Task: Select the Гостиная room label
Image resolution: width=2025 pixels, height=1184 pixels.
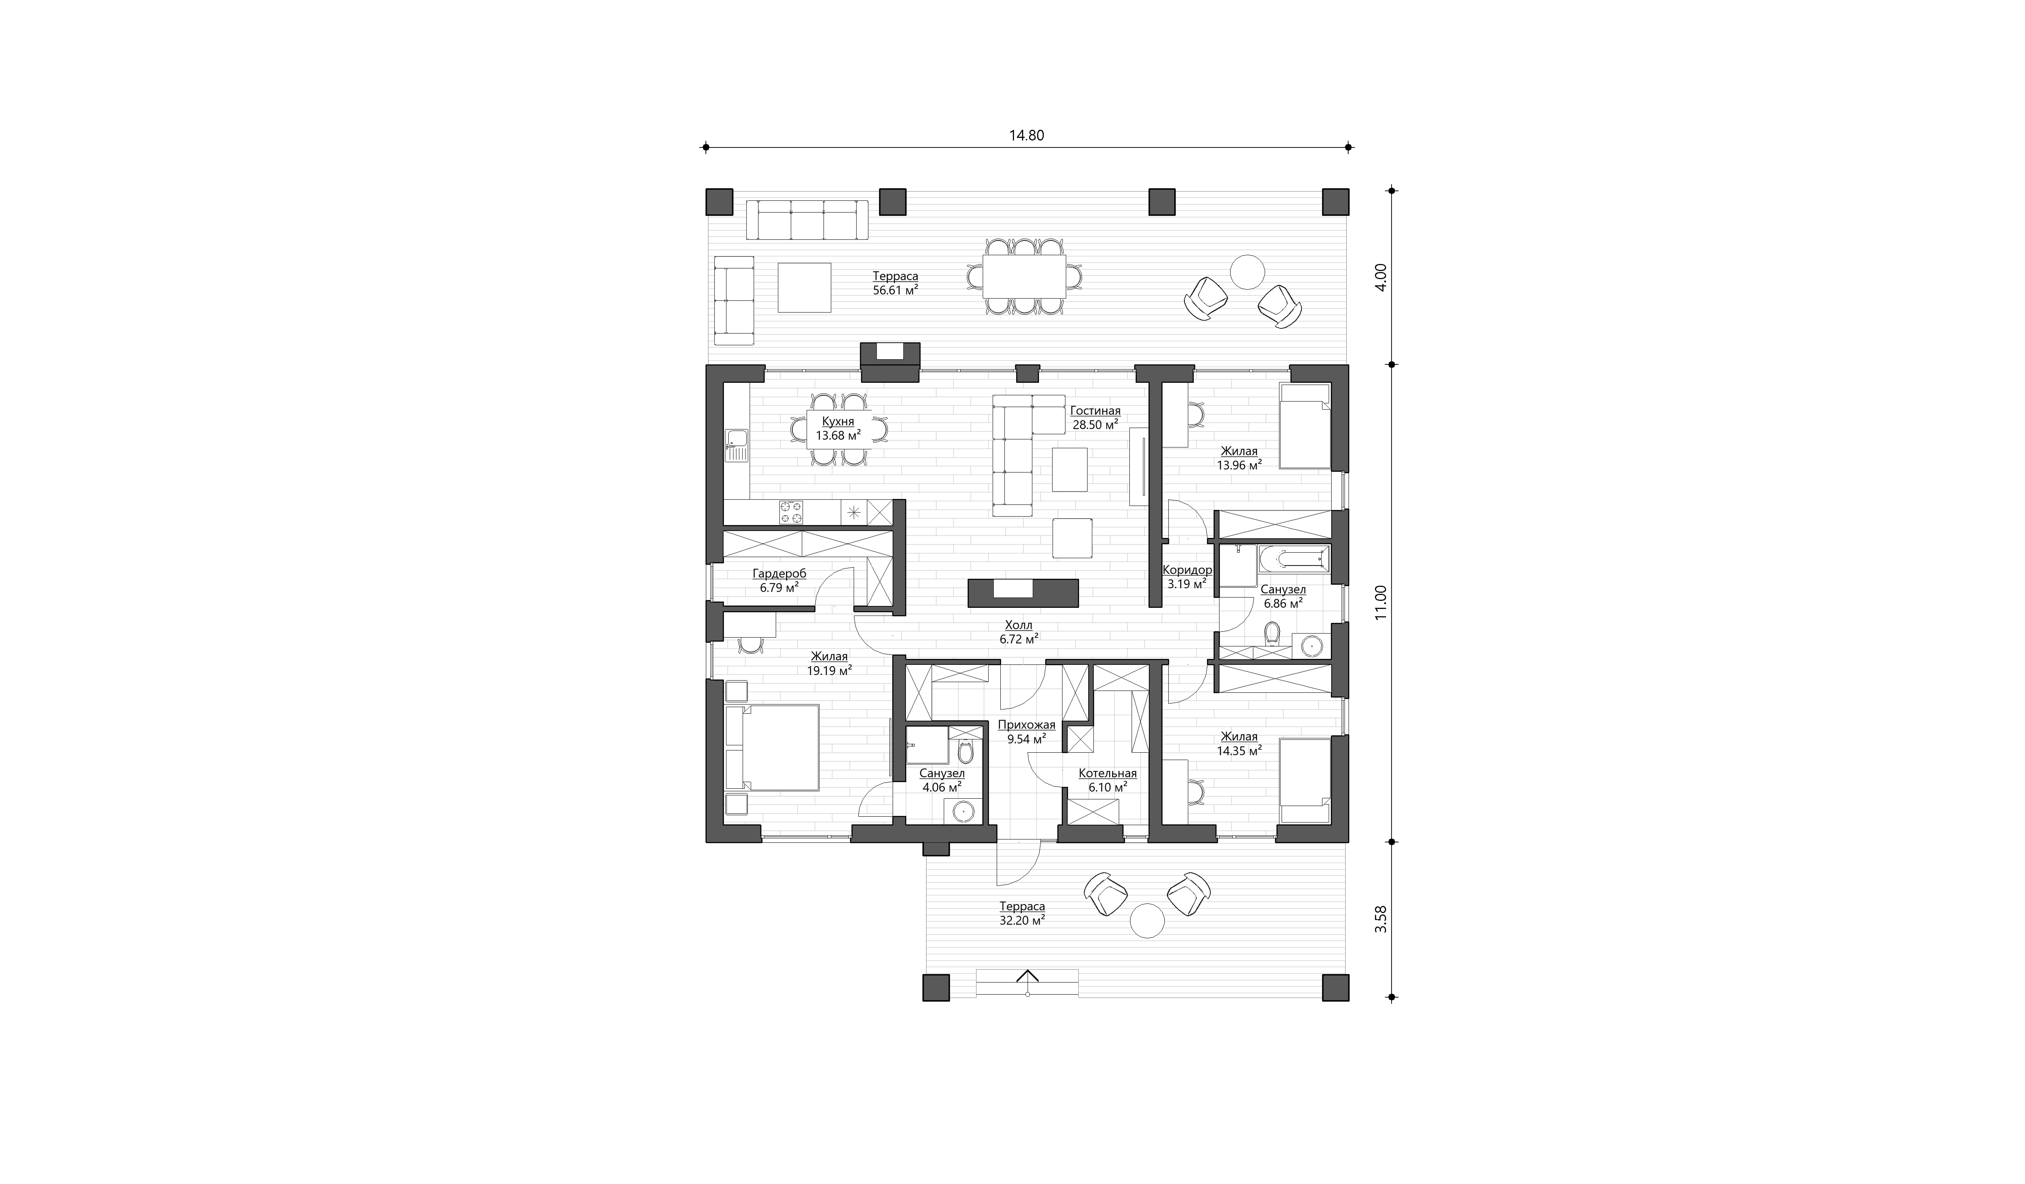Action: tap(1095, 411)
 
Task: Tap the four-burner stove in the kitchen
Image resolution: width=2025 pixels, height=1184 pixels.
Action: tap(228, 512)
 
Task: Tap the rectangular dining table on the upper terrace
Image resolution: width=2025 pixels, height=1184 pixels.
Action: tap(1025, 277)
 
